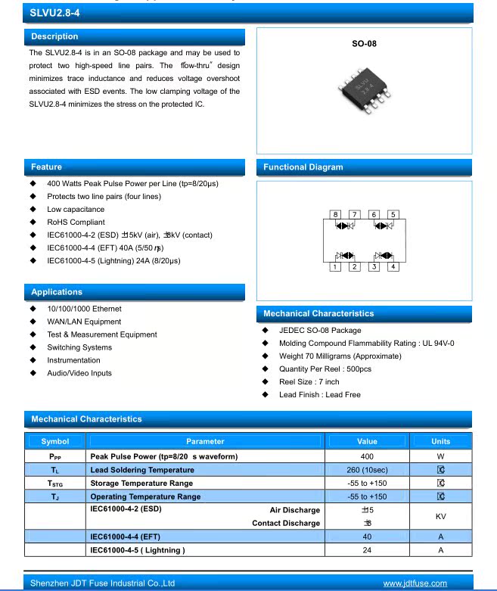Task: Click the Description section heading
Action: pyautogui.click(x=54, y=36)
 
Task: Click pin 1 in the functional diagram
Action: pyautogui.click(x=336, y=266)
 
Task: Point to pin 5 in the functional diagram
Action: pyautogui.click(x=392, y=215)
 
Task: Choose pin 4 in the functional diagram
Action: pyautogui.click(x=392, y=266)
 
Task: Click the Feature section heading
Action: pyautogui.click(x=46, y=166)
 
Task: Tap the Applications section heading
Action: pyautogui.click(x=57, y=291)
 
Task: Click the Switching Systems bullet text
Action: pyautogui.click(x=79, y=347)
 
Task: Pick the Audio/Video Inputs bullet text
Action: pyautogui.click(x=79, y=373)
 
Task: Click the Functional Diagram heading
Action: pyautogui.click(x=303, y=167)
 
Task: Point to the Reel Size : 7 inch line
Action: pyautogui.click(x=309, y=382)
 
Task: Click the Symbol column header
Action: pyautogui.click(x=55, y=441)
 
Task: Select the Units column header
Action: pyautogui.click(x=440, y=441)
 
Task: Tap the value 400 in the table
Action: pyautogui.click(x=367, y=456)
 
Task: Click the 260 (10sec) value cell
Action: pyautogui.click(x=367, y=470)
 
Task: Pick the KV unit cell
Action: pyautogui.click(x=440, y=515)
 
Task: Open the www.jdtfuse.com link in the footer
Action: pyautogui.click(x=415, y=583)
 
